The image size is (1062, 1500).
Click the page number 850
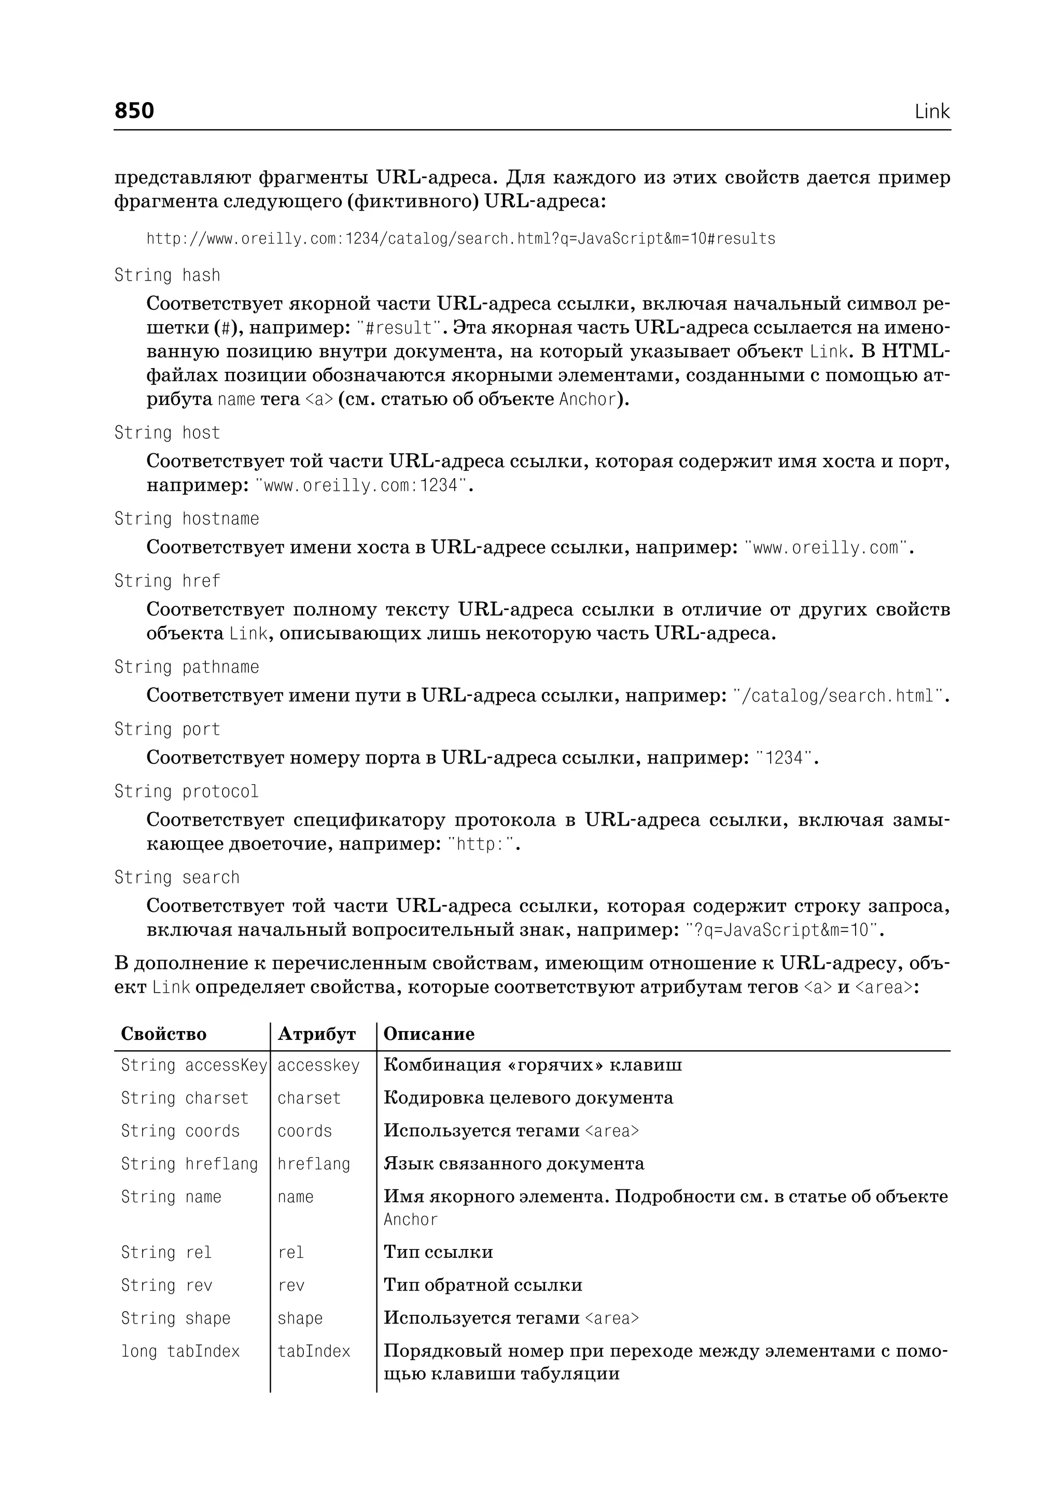134,110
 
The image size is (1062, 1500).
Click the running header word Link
931,112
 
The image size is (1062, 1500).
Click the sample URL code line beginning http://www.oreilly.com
460,239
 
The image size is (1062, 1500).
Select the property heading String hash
167,275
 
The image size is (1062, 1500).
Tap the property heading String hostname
186,519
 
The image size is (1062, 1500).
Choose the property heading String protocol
186,791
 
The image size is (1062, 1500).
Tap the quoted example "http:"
481,844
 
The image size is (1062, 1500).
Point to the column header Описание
428,1034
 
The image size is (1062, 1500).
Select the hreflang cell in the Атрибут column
313,1164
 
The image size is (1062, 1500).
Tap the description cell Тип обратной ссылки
483,1285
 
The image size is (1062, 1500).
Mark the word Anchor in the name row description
410,1220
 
